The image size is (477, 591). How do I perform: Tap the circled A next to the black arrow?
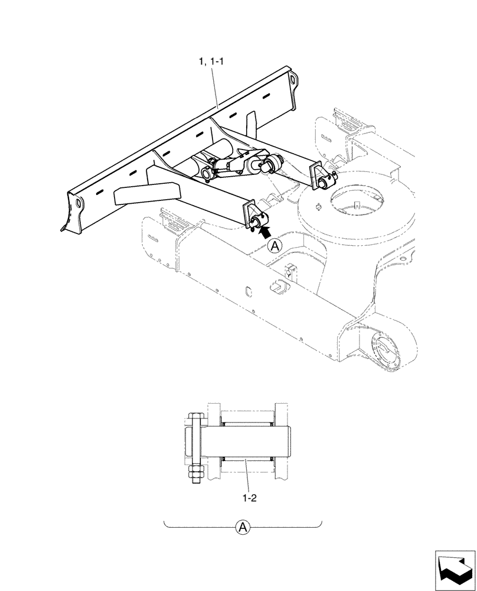273,246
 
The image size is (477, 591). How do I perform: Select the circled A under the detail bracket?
241,527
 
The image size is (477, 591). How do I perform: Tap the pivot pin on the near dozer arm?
257,223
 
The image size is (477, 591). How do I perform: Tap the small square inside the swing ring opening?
357,206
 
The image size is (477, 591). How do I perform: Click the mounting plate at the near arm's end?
247,213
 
